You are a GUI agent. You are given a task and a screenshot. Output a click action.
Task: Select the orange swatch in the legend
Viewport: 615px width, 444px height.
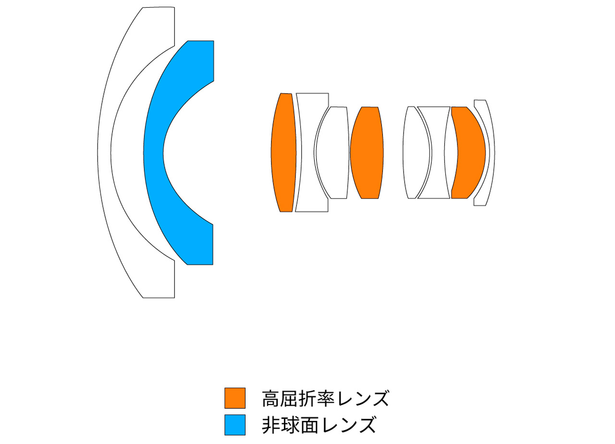pyautogui.click(x=235, y=398)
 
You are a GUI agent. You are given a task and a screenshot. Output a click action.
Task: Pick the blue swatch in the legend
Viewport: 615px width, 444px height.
pyautogui.click(x=235, y=424)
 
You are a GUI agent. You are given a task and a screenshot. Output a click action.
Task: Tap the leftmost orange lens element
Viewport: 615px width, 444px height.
pyautogui.click(x=283, y=152)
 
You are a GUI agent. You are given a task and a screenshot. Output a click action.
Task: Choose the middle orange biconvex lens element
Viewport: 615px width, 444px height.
pyautogui.click(x=367, y=152)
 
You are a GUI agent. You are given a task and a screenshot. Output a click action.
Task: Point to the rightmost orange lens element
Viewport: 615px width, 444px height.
pyautogui.click(x=468, y=152)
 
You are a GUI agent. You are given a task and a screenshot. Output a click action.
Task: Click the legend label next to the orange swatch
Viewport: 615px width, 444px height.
pyautogui.click(x=326, y=398)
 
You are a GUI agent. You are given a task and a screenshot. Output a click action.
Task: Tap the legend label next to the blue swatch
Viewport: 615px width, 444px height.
pyautogui.click(x=319, y=425)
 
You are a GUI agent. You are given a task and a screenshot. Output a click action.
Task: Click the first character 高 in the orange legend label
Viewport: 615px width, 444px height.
pyautogui.click(x=271, y=398)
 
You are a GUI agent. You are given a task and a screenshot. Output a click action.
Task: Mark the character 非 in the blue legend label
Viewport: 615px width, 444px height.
pyautogui.click(x=271, y=425)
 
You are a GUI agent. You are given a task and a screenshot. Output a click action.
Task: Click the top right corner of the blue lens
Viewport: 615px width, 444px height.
pyautogui.click(x=214, y=41)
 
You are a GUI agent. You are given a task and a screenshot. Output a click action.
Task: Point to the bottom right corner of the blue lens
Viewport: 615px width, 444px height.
pyautogui.click(x=213, y=265)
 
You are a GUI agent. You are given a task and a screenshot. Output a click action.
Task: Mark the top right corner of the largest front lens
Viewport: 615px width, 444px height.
pyautogui.click(x=174, y=7)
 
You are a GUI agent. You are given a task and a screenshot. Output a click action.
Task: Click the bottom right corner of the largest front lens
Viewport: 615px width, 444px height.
pyautogui.click(x=174, y=297)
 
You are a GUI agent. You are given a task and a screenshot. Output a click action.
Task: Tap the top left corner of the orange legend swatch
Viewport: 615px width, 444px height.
pyautogui.click(x=224, y=388)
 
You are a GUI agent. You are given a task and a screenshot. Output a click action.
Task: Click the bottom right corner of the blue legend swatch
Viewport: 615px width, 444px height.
pyautogui.click(x=245, y=435)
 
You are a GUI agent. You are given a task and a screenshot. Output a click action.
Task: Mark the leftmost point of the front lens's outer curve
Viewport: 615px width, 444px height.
pyautogui.click(x=98, y=152)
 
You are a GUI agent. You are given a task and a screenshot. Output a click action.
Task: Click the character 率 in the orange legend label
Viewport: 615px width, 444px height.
pyautogui.click(x=325, y=398)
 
